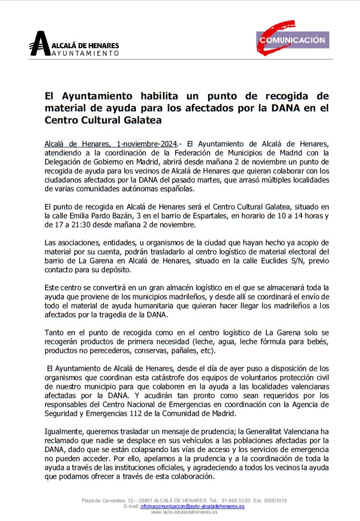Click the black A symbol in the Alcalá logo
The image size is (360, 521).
point(39,44)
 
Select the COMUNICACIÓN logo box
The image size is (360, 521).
point(292,40)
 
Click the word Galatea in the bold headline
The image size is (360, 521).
point(142,120)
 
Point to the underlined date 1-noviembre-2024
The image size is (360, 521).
point(146,144)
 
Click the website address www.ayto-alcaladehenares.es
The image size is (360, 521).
point(184,512)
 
